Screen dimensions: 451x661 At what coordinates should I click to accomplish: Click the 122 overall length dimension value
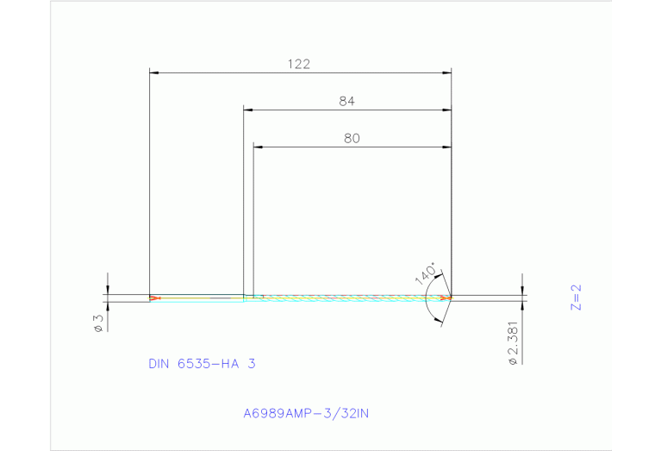(299, 63)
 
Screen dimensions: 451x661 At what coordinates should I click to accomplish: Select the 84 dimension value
(346, 101)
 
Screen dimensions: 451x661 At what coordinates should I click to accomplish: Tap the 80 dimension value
(351, 137)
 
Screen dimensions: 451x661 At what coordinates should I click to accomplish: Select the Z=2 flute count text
(577, 298)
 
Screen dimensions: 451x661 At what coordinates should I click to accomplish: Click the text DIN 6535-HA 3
(202, 364)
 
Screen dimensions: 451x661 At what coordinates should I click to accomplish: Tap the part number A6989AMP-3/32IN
(306, 413)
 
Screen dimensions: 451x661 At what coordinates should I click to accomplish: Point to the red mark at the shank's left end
(154, 298)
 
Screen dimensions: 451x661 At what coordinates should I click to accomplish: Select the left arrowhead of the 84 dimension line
(247, 110)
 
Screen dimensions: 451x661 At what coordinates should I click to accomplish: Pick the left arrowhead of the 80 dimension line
(257, 147)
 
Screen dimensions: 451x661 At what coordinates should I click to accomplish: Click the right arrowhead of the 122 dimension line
(447, 73)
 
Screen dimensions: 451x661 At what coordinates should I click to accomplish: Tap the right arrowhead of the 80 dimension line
(447, 147)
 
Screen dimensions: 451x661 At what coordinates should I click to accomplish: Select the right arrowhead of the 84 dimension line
(447, 110)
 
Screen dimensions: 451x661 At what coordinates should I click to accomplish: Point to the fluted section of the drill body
(345, 298)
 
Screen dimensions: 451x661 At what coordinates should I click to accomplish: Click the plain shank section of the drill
(198, 298)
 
